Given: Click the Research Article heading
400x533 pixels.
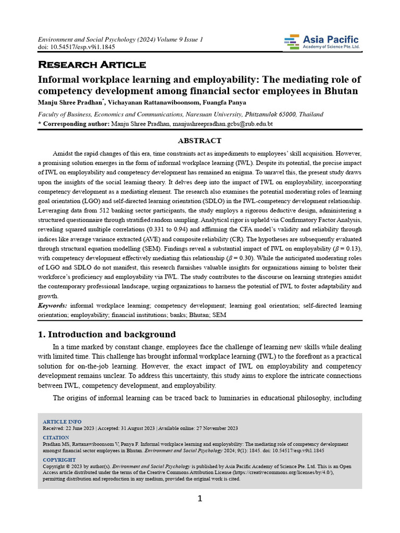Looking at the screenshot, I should [x=92, y=65].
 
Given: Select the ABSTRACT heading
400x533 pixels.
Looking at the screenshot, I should [x=199, y=141].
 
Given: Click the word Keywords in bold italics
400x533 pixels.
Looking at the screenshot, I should [x=52, y=306].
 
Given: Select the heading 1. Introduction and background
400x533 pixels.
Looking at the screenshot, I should [x=107, y=334].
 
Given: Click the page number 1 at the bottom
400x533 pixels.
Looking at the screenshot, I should [x=199, y=499].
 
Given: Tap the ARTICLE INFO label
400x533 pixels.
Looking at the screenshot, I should [x=62, y=422].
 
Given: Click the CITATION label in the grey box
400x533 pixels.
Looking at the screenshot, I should [x=55, y=438].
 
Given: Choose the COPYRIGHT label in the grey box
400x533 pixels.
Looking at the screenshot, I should [x=59, y=460].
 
